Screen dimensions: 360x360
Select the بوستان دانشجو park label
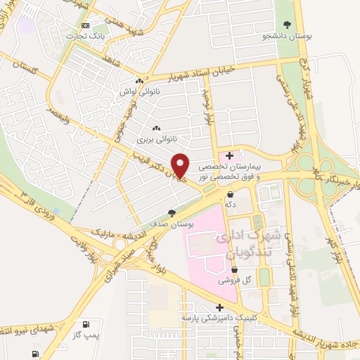(287, 34)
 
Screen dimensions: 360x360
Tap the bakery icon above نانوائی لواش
(146, 81)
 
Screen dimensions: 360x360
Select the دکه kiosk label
(229, 203)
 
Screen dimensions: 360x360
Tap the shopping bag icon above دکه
(230, 193)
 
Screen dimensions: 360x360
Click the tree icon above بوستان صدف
(171, 212)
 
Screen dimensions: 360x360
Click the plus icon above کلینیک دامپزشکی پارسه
(220, 307)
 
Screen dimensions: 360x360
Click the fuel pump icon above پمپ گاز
(86, 324)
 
